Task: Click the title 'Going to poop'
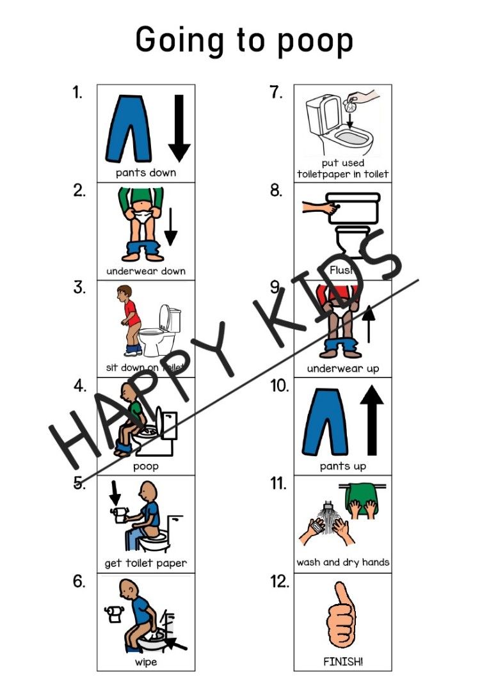(x=244, y=40)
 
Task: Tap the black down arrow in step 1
(x=179, y=128)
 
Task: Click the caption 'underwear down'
(x=146, y=271)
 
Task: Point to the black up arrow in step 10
(x=371, y=422)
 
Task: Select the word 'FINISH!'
(x=343, y=662)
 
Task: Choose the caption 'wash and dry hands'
(x=343, y=562)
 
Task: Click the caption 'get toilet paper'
(x=146, y=564)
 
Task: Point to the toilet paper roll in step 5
(x=118, y=512)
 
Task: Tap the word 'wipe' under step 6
(x=145, y=662)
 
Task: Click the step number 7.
(x=276, y=93)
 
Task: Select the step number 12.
(x=279, y=582)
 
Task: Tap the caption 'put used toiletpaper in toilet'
(x=343, y=168)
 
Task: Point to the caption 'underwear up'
(x=343, y=368)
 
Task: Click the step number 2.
(x=79, y=191)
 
